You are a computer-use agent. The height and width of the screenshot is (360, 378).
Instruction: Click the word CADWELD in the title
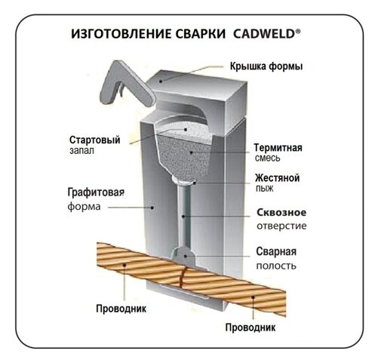(x=264, y=34)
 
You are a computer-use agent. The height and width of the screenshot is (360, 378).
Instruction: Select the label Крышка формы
(x=266, y=66)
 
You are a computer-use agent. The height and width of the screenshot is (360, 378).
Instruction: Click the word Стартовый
(x=94, y=140)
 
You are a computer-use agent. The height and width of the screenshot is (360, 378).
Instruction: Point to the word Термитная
(x=278, y=147)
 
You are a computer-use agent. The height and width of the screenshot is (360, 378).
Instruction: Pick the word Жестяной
(x=278, y=178)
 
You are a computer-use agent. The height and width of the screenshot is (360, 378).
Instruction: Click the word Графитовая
(x=96, y=192)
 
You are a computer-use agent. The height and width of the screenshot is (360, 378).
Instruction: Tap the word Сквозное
(x=281, y=212)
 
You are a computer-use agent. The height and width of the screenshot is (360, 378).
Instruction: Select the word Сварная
(x=276, y=251)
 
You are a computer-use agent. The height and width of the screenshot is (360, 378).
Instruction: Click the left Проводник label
(x=121, y=309)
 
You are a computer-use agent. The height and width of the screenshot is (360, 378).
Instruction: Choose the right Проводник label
(x=250, y=328)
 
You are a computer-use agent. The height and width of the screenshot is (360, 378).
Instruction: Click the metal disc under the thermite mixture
(x=184, y=180)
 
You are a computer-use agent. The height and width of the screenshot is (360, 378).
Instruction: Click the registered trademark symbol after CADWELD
(x=298, y=31)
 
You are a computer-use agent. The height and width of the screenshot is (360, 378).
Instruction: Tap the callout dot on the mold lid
(x=160, y=81)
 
